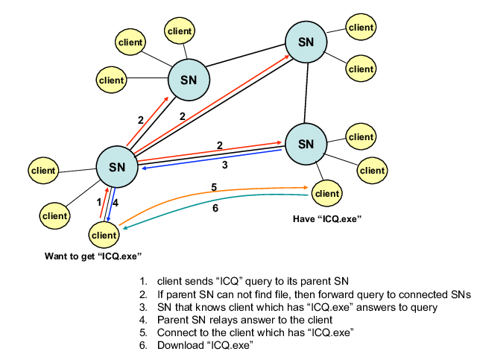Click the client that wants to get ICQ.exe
coord(104,235)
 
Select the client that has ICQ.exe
coord(326,194)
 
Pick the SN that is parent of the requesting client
coord(117,165)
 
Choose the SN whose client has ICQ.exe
coord(306,142)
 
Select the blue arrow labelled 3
coord(216,160)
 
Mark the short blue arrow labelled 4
coord(111,206)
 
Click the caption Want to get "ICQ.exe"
coord(93,256)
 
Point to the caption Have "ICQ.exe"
coord(321,218)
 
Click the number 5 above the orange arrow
coord(214,186)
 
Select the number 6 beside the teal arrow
coord(215,209)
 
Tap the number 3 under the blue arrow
coord(224,165)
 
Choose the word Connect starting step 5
coord(177,333)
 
